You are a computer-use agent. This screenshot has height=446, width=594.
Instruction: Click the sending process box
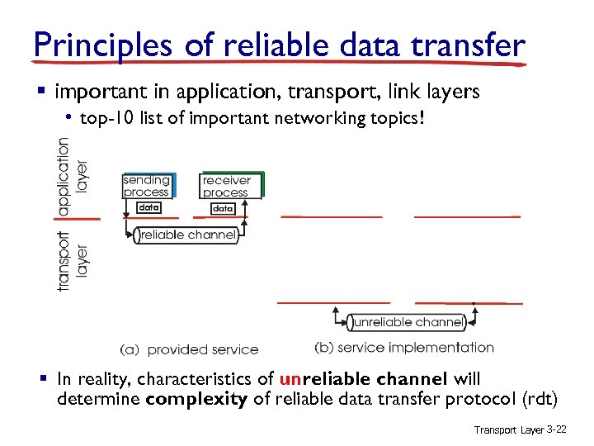pos(147,186)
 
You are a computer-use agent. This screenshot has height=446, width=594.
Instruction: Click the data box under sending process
pos(148,207)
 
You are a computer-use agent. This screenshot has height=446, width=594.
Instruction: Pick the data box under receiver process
pos(223,209)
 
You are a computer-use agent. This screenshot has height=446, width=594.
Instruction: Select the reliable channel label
pos(188,235)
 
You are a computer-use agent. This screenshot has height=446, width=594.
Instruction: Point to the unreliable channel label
pos(408,322)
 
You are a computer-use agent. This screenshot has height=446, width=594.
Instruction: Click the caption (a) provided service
pos(189,349)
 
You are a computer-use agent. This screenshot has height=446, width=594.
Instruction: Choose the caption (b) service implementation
pos(404,348)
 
